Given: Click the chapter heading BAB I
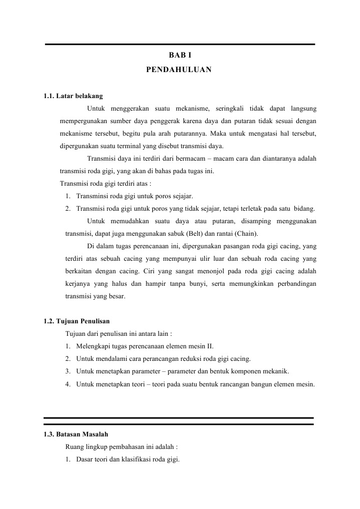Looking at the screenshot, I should [x=179, y=56].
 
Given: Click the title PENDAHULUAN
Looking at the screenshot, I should [x=179, y=70].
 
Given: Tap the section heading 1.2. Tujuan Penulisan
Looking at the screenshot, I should [x=77, y=321].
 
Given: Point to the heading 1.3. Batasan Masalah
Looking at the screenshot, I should [x=76, y=434].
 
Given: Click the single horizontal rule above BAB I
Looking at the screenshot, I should [x=180, y=45].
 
